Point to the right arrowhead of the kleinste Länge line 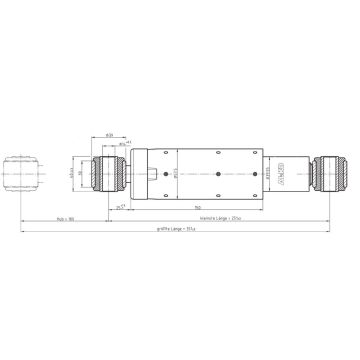pos(329,220)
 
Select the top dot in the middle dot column pos(218,155)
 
